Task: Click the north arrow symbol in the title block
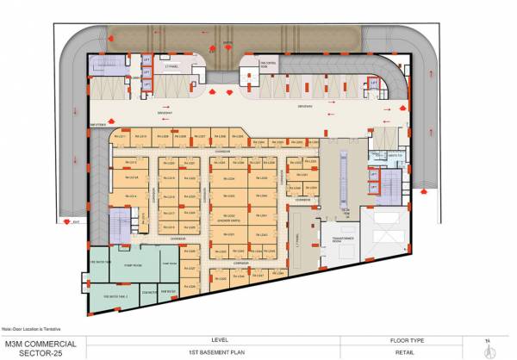487,342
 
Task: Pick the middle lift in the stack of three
146,72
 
